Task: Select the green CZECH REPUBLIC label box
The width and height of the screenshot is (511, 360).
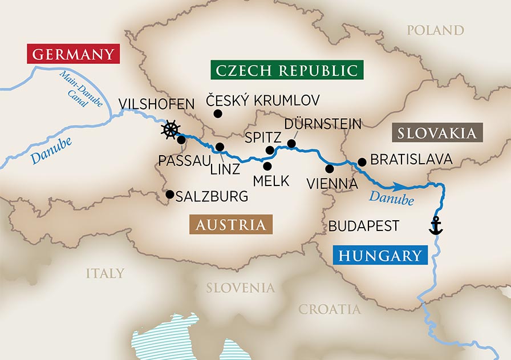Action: pos(287,71)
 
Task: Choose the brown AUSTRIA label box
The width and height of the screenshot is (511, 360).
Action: pos(231,225)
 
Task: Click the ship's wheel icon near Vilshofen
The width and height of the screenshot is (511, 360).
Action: pos(170,130)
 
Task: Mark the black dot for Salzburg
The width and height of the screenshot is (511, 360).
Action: pos(169,194)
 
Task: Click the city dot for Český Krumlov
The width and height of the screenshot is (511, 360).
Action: pos(217,114)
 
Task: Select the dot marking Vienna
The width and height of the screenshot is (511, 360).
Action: pos(329,168)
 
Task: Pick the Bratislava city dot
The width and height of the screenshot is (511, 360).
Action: pos(362,162)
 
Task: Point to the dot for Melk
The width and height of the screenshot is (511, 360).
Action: pos(267,166)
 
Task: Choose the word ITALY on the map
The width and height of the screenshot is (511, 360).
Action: pos(105,273)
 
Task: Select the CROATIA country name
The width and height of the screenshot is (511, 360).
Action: pos(330,309)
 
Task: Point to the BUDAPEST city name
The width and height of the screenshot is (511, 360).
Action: pos(363,226)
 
